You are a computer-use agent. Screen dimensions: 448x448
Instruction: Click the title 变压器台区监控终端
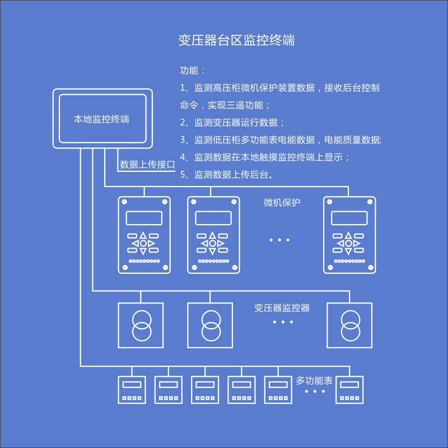click(236, 40)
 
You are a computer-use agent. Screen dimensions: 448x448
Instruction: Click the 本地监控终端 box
click(102, 119)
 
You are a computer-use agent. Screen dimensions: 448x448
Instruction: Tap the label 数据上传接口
click(147, 165)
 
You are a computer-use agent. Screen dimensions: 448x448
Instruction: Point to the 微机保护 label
click(282, 203)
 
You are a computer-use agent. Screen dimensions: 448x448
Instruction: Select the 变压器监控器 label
click(282, 307)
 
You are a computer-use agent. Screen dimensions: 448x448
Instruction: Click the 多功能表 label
click(314, 381)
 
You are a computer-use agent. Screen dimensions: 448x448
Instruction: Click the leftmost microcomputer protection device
click(144, 235)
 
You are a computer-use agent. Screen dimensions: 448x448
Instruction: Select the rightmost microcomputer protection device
click(349, 235)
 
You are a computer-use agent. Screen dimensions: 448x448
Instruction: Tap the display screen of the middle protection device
click(213, 218)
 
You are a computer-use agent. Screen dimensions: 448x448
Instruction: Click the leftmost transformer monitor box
click(141, 325)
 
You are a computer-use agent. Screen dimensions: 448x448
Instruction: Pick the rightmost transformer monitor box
click(349, 325)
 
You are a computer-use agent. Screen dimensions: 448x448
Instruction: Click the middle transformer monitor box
click(210, 325)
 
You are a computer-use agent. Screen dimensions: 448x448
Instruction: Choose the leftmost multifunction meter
click(132, 390)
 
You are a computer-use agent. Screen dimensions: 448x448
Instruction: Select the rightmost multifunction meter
click(349, 390)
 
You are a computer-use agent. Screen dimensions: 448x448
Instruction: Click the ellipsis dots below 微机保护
click(279, 240)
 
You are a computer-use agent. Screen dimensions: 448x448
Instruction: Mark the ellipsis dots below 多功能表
click(315, 391)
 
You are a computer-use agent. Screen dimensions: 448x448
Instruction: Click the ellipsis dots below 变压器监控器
click(283, 322)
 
